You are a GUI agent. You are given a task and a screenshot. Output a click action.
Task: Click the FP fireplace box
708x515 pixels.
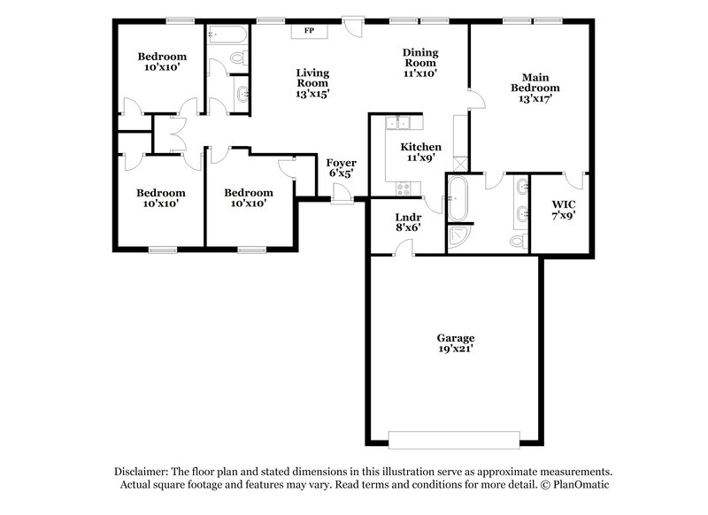309,31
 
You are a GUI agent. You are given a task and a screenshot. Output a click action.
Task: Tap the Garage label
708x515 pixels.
456,338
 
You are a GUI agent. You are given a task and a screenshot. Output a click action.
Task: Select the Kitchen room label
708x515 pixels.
420,147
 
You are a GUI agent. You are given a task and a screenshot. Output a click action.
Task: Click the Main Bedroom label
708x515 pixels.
536,82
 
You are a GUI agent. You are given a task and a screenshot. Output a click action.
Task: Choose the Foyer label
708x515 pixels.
341,163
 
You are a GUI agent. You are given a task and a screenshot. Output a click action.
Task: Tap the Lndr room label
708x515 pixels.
407,217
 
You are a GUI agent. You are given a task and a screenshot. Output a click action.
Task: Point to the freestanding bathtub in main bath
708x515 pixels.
458,198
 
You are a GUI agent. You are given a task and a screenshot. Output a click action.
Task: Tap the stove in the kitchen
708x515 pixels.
404,188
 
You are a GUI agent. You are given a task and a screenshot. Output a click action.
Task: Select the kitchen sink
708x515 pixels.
399,122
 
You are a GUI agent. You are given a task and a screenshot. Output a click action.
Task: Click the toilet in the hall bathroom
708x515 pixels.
236,57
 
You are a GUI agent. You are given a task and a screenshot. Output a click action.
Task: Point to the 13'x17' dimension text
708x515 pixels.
536,99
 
